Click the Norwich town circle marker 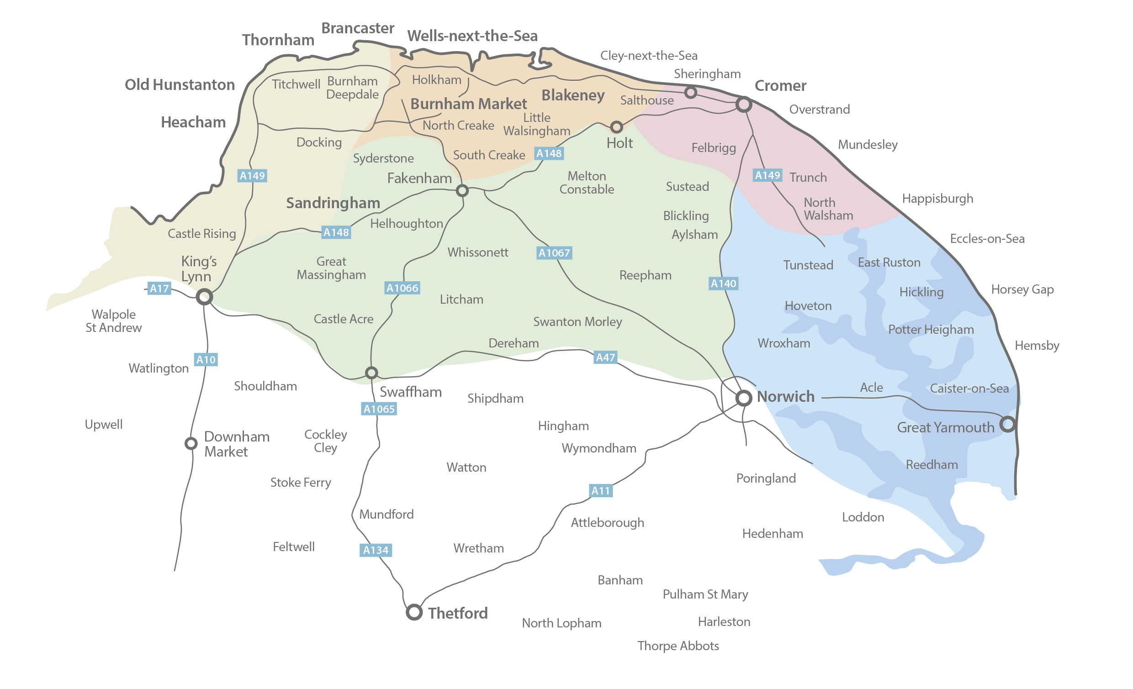[x=744, y=398]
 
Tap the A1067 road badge [x=554, y=253]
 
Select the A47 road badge [x=605, y=357]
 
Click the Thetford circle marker [x=414, y=612]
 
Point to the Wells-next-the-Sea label [x=472, y=36]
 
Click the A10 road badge [x=206, y=359]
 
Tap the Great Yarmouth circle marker [x=1007, y=424]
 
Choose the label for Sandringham [x=333, y=203]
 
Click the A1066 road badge [x=402, y=288]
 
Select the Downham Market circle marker [x=191, y=443]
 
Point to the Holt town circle [x=616, y=126]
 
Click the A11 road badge [x=600, y=490]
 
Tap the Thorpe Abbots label [x=678, y=646]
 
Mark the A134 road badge [x=376, y=550]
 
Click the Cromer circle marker [x=744, y=105]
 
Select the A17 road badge [x=159, y=289]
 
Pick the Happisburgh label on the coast [x=937, y=199]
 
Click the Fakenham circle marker [x=462, y=190]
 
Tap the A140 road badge [x=723, y=284]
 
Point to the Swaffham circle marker [x=371, y=372]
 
